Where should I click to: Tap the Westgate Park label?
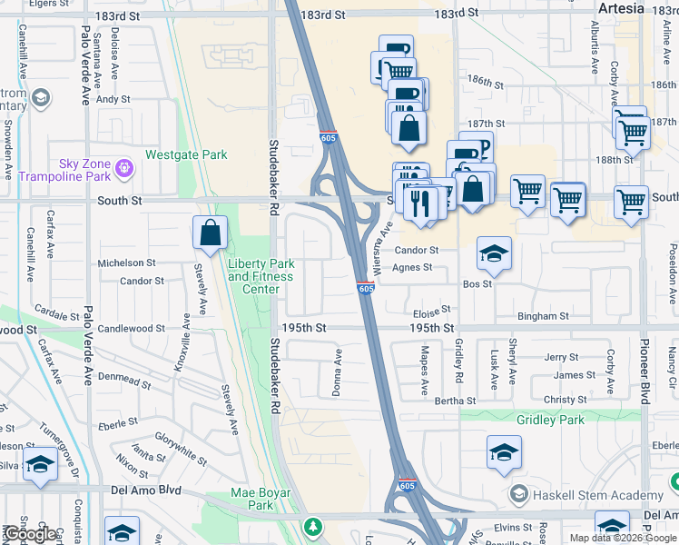(186, 155)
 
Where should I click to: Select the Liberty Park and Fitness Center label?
(261, 276)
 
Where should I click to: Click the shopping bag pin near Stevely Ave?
(210, 233)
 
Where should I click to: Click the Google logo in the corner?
(30, 534)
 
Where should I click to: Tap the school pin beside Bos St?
(494, 253)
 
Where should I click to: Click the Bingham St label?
(543, 316)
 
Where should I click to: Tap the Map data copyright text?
(622, 538)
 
